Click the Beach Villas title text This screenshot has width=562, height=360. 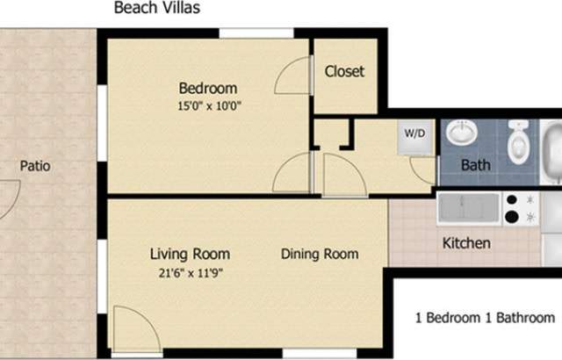point(155,9)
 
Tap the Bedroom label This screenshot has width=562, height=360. point(208,88)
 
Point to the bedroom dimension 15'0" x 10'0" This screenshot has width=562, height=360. point(208,105)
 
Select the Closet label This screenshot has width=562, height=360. point(344,71)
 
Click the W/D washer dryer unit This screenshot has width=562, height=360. point(415,136)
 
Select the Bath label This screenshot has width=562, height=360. point(477,165)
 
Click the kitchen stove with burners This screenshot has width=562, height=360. point(520,207)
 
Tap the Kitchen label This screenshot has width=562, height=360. point(466,243)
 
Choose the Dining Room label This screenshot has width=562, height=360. point(320,255)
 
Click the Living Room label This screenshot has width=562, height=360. point(184,255)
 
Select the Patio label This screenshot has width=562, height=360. point(35,165)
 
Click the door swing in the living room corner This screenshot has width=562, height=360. point(136,329)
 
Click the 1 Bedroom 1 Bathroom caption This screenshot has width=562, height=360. point(484,318)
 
